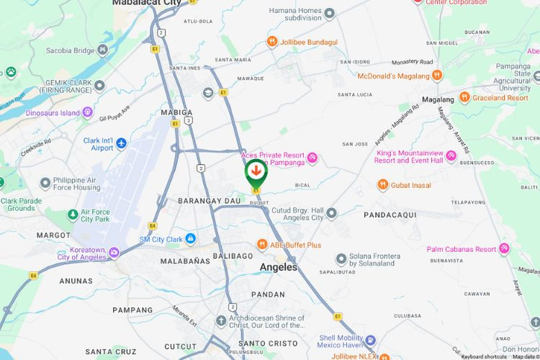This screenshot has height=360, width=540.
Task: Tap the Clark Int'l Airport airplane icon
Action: tap(121, 143)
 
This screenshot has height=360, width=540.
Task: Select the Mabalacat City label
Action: tap(147, 3)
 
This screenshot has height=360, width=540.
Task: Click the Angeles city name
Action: tap(278, 267)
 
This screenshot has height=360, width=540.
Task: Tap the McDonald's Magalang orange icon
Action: tap(437, 75)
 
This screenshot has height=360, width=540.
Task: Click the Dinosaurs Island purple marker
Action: tap(88, 112)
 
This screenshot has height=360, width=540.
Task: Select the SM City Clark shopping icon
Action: tap(190, 238)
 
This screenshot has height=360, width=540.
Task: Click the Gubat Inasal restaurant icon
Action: tap(383, 185)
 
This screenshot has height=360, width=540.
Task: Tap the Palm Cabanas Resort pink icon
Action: tap(504, 249)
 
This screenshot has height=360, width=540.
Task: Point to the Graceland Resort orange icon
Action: tap(465, 97)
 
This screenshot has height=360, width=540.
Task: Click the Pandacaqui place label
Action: tap(390, 215)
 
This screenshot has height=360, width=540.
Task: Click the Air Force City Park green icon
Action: tap(72, 215)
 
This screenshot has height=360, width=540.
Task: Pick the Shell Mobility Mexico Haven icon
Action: tap(369, 340)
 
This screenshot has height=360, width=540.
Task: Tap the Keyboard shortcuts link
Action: tap(483, 356)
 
